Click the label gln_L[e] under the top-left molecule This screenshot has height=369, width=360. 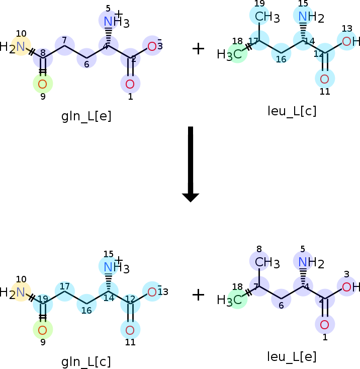[x=86, y=116]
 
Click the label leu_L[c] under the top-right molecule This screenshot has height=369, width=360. [x=292, y=111]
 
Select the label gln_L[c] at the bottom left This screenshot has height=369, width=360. [x=86, y=361]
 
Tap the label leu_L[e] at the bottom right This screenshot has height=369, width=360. [x=292, y=357]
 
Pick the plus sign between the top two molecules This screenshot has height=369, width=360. [x=199, y=49]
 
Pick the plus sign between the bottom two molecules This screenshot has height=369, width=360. [x=199, y=295]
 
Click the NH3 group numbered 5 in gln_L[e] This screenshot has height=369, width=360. [x=113, y=21]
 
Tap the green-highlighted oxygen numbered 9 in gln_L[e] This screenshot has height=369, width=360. [x=43, y=84]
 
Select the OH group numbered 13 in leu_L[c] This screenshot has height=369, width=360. [x=350, y=42]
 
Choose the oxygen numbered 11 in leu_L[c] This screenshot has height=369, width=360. [x=324, y=79]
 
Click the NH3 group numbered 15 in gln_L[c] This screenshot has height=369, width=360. [x=113, y=267]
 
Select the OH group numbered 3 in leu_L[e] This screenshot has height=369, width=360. [x=350, y=287]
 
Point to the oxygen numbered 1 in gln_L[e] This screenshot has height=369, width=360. [x=130, y=84]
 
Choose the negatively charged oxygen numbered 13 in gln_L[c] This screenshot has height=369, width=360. [x=152, y=291]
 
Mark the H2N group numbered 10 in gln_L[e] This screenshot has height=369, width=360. [x=15, y=47]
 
